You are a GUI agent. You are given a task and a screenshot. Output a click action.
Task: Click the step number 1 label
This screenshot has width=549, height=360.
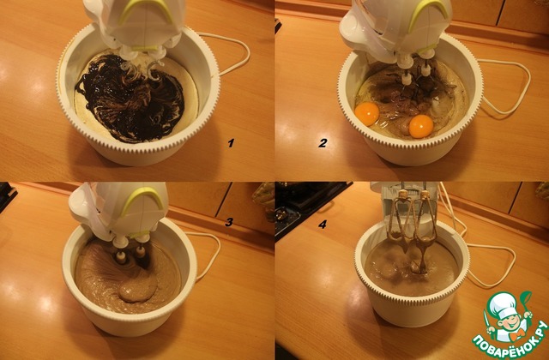[x=231, y=143]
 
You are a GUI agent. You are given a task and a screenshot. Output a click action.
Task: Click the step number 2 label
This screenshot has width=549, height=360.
[x=323, y=143]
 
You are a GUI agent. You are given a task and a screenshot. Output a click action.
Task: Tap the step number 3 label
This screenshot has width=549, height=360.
[x=229, y=222]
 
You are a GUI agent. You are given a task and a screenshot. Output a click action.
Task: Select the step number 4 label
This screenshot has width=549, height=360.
[x=323, y=224]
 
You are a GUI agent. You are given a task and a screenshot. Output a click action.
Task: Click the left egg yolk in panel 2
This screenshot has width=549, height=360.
[x=366, y=114]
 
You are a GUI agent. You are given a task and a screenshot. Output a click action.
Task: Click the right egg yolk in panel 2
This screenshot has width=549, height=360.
[x=421, y=126]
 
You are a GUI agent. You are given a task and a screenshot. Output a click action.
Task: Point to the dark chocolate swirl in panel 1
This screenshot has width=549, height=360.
[x=131, y=99]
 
